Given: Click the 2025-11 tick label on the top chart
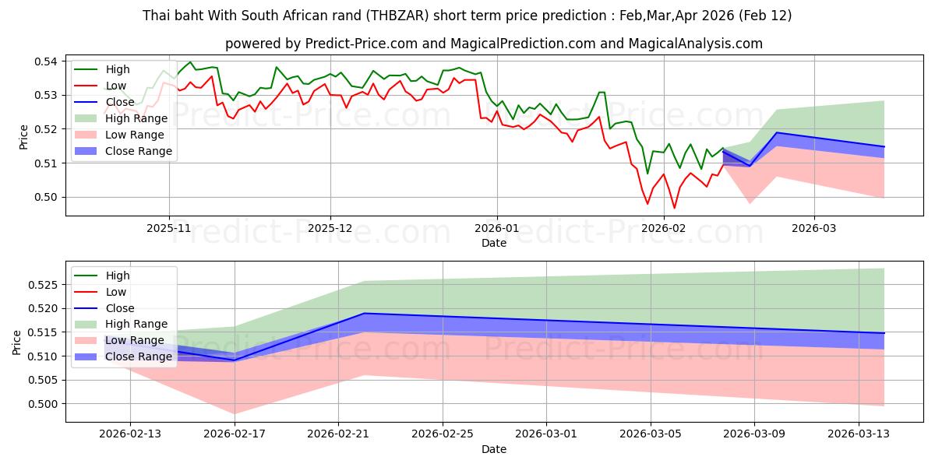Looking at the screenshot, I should (169, 228).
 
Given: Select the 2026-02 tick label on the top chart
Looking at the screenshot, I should (664, 228).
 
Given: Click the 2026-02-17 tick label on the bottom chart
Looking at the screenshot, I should (235, 434).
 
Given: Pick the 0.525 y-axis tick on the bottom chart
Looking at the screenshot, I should (43, 285).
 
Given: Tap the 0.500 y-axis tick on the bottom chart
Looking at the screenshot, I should (43, 404).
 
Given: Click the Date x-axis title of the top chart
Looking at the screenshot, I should (494, 243).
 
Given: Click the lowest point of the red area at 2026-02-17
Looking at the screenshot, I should (235, 413).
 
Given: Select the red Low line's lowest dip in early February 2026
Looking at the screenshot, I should (674, 208).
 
